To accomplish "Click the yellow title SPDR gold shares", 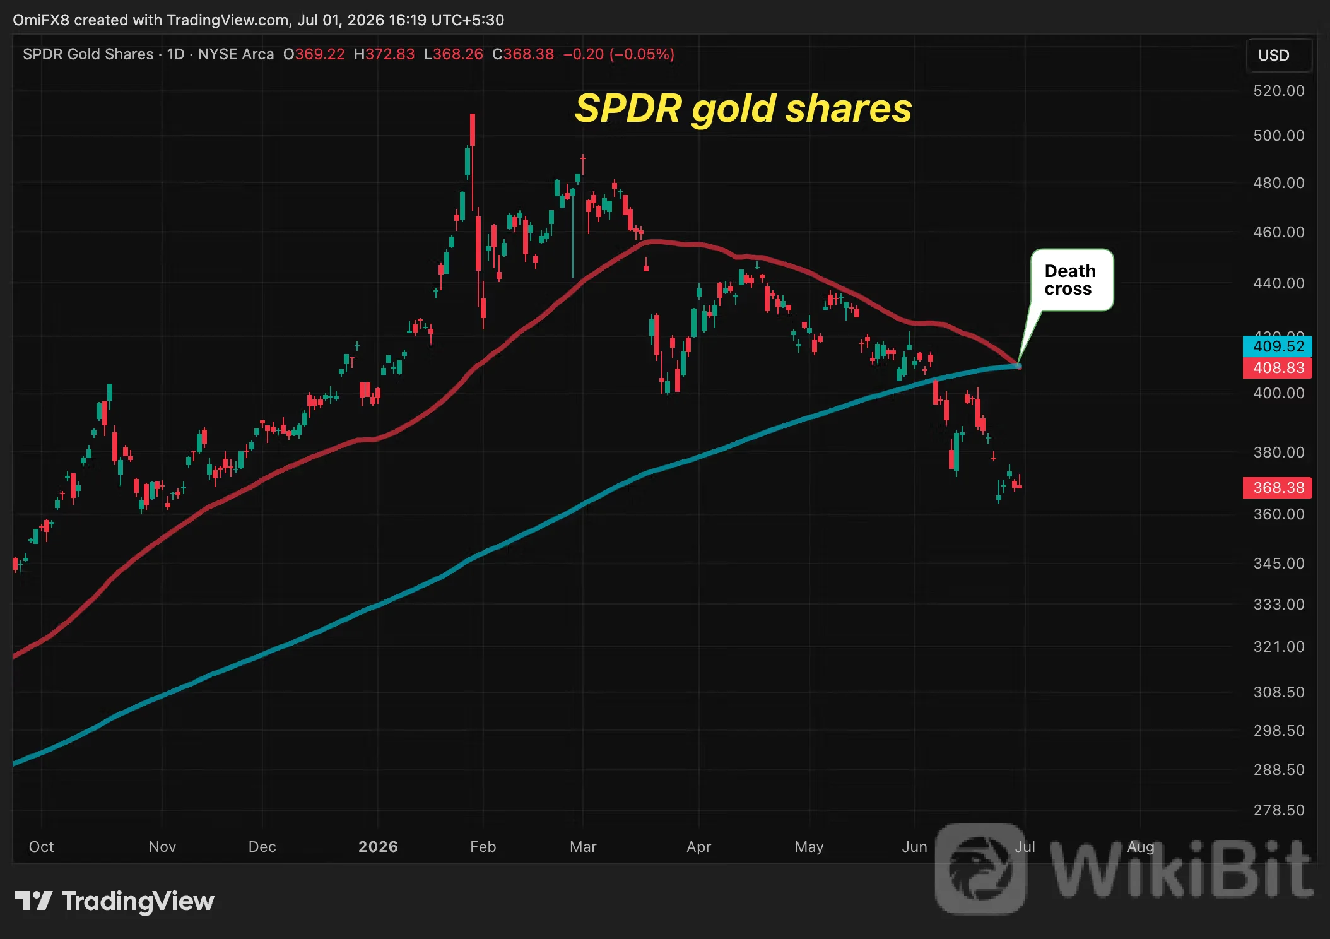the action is point(743,109).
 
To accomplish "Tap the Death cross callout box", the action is point(1072,280).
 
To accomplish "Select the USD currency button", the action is point(1279,56).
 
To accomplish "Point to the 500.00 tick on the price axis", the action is point(1278,136).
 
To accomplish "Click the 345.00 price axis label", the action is point(1278,563).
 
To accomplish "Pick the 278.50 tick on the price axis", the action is point(1278,810).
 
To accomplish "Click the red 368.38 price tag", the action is point(1278,488).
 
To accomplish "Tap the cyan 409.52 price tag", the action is point(1278,346).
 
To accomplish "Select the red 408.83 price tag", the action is point(1278,368).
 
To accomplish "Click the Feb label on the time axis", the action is point(483,847).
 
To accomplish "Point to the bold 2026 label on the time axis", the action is point(378,847).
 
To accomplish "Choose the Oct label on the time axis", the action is point(42,847).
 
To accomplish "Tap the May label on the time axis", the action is point(809,847).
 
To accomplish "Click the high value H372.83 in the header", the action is point(384,54).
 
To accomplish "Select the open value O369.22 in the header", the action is point(314,54).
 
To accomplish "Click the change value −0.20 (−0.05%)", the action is point(618,54).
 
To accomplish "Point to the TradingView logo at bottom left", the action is point(114,901).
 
